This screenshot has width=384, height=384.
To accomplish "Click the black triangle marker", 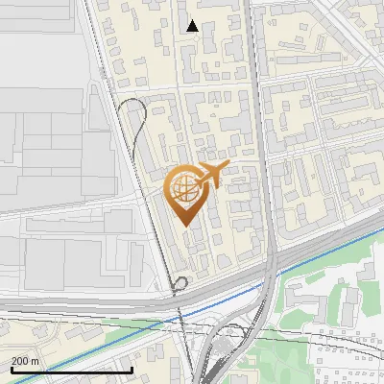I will [193, 26].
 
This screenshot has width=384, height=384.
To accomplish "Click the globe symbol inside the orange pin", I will [183, 188].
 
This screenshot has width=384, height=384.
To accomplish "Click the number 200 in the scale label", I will [20, 361].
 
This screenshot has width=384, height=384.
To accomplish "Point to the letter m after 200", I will [36, 361].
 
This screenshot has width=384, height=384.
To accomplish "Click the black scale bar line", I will [71, 370].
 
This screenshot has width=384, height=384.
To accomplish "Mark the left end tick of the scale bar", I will [11, 368].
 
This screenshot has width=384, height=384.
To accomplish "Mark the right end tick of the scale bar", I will [132, 368].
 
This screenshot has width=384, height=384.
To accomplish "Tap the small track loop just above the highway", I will [180, 282].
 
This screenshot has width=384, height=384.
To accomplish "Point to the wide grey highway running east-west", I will [96, 305].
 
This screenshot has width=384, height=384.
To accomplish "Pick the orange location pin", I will [187, 192].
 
